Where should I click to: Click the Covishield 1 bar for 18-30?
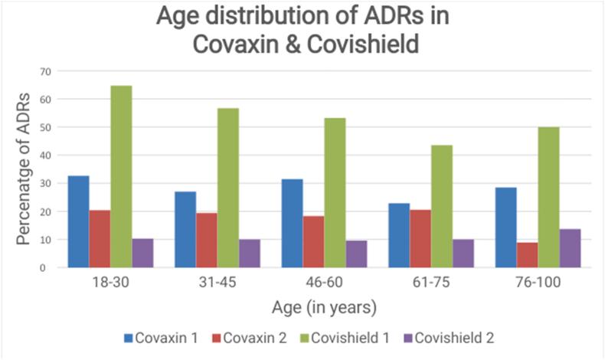tap(121, 176)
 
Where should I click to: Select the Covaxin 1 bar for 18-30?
tap(78, 221)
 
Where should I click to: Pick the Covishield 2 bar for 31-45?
tap(249, 253)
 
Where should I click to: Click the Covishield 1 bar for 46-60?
tap(335, 192)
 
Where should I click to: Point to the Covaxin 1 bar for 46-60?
tap(292, 223)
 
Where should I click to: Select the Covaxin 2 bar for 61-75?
tap(420, 238)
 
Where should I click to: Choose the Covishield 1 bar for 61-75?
tap(441, 206)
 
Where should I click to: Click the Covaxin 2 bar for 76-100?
tap(527, 254)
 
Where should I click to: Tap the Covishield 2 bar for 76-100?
tap(570, 247)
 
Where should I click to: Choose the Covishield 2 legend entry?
tap(458, 337)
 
